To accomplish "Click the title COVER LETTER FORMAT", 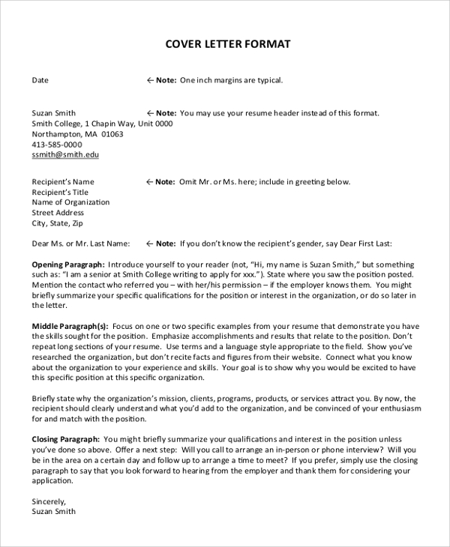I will [227, 44].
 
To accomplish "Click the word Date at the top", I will [40, 80].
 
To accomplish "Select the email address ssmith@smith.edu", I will [65, 154].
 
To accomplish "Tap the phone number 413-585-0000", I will [57, 144].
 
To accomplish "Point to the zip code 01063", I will [112, 134].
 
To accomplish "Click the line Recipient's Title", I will [60, 192].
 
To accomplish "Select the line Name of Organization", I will [70, 202].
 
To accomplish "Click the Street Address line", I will [58, 213].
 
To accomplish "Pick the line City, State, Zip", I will [57, 223].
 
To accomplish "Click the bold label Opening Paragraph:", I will [67, 265].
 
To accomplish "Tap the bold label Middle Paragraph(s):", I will [70, 326].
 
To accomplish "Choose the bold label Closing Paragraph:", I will [66, 439].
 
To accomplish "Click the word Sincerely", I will [49, 501].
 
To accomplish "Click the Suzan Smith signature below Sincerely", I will [53, 512].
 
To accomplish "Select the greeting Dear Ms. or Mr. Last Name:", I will [81, 244].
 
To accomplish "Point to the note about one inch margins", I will [214, 80].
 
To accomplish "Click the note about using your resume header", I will [262, 113].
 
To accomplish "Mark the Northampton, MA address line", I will [77, 134].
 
